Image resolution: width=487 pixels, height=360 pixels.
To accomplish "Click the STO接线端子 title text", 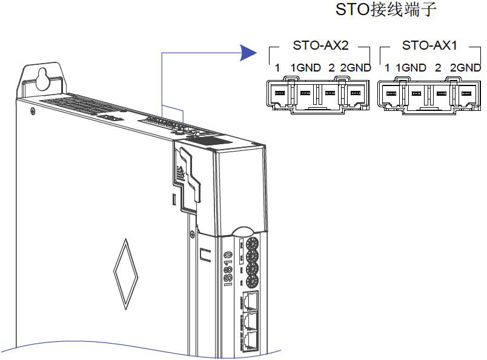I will (x=385, y=10).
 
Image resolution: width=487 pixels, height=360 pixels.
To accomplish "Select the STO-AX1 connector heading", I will (x=430, y=45).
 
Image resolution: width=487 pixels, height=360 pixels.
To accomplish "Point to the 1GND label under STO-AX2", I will (x=305, y=68).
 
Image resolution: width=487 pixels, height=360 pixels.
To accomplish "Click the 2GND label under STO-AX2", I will (x=356, y=68).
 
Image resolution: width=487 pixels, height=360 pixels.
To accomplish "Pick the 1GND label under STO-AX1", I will (x=411, y=68).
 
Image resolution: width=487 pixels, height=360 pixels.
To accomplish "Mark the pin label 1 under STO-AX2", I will (x=277, y=68).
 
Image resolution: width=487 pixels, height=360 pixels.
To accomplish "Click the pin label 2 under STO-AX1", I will (x=438, y=68).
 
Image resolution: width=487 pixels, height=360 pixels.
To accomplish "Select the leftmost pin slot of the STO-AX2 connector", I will (x=279, y=93).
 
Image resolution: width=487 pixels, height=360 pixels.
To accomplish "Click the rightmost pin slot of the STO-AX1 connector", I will (x=466, y=93).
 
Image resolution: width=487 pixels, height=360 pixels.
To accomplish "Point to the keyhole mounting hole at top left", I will (x=43, y=77).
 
